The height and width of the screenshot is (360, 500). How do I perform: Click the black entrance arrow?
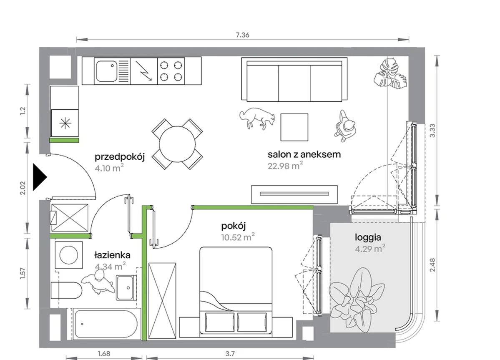coord(40,177)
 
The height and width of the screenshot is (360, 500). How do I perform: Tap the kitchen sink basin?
coord(106,71)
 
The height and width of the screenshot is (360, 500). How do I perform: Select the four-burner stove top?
coord(171,71)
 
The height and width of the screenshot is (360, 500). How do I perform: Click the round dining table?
coord(177,144)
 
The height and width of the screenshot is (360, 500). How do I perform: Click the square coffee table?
coord(294,127)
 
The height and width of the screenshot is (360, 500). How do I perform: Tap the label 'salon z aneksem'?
coord(304,154)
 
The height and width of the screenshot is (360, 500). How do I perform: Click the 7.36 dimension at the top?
coord(242,35)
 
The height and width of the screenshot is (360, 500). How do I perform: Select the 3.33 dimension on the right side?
coord(432,131)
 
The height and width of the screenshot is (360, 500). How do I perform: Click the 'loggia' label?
coord(368,237)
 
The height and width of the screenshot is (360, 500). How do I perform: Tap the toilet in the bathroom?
coord(66,290)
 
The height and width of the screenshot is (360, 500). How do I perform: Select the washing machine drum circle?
coord(68,255)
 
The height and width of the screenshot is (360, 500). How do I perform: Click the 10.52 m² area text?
coord(238,237)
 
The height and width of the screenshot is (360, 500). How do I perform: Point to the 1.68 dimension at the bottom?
coord(104,354)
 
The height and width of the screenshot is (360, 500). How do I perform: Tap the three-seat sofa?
coord(294,80)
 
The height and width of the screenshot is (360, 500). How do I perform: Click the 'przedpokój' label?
coord(120,157)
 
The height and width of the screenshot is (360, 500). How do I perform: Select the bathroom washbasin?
coord(126,287)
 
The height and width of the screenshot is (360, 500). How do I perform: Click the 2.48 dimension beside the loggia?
coord(432,264)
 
